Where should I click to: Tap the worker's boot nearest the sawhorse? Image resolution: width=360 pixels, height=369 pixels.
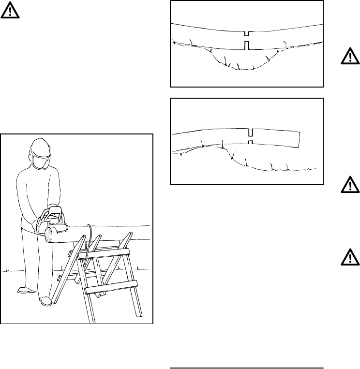coord(45,301)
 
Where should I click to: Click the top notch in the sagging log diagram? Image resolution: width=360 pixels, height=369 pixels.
coord(247,34)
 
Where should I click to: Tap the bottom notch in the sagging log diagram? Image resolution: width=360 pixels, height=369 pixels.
coord(247,45)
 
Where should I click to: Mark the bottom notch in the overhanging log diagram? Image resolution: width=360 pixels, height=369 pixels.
coord(250,142)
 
